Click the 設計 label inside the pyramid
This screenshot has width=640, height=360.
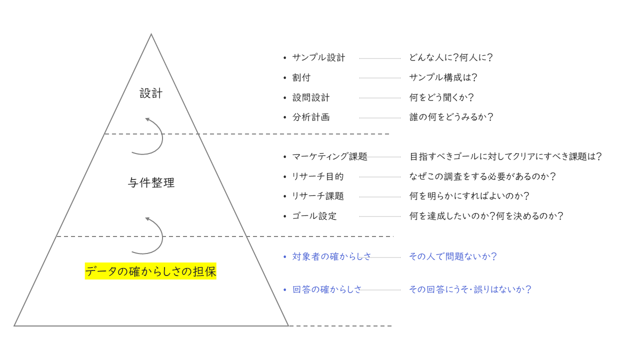(x=151, y=93)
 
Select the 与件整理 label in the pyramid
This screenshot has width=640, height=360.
(x=151, y=183)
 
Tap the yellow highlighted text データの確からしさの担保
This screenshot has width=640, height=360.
(x=150, y=271)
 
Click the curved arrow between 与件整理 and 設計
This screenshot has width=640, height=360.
(x=152, y=136)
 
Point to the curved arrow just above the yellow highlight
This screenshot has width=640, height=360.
(x=152, y=235)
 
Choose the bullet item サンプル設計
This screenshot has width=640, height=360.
(x=318, y=57)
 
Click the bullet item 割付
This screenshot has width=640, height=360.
(x=301, y=77)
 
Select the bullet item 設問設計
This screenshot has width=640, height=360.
(x=311, y=97)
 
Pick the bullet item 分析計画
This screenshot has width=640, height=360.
(x=311, y=117)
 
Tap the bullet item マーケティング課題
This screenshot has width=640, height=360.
(x=329, y=156)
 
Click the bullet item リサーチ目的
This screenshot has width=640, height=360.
(x=318, y=176)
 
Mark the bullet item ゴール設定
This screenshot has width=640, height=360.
(x=314, y=216)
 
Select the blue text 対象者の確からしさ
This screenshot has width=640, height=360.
(x=332, y=256)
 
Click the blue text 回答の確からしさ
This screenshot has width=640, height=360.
(x=327, y=289)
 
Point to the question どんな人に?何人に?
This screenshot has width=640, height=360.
(x=451, y=57)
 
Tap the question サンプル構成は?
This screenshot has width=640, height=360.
(x=443, y=77)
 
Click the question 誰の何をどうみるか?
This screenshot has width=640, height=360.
(x=451, y=117)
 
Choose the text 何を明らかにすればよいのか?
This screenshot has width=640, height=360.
(x=469, y=196)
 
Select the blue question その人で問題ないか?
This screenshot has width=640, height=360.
(x=452, y=256)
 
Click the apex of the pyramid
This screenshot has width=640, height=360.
(x=151, y=34)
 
